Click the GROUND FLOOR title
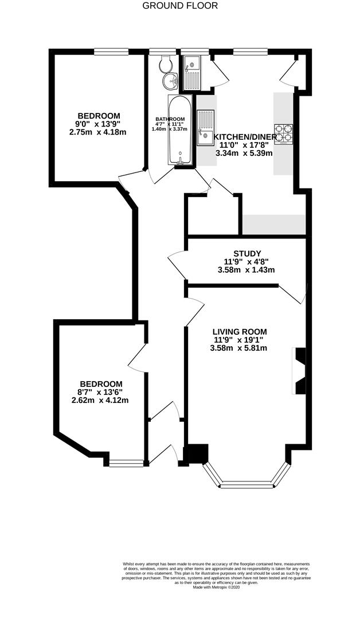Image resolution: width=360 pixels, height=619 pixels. (x=180, y=6)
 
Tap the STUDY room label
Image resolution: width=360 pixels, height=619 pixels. (x=247, y=253)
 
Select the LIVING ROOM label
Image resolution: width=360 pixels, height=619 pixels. (x=239, y=332)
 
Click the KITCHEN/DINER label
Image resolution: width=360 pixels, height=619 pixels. (x=245, y=137)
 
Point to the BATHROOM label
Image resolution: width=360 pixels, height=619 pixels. (x=170, y=120)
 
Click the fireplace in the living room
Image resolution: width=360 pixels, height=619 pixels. (x=299, y=371)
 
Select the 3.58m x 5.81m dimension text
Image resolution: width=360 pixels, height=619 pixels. (x=238, y=348)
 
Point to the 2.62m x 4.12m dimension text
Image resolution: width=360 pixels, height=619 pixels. (x=100, y=400)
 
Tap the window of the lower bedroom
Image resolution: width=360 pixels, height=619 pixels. (x=127, y=463)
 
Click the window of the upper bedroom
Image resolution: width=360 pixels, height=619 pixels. (x=111, y=52)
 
